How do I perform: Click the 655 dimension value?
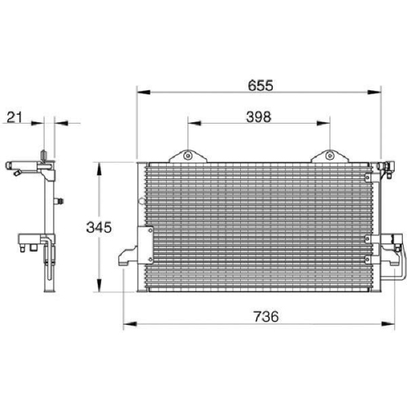coord(260,85)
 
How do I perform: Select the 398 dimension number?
coord(259,117)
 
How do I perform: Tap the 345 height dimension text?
coord(98,227)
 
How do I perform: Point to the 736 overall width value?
coord(266,317)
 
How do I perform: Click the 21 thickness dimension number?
coord(15,117)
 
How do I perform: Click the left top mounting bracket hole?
coord(188,155)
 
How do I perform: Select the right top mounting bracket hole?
coord(330,155)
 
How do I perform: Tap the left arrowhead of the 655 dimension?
coord(143,92)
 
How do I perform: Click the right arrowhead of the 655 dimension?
coord(374,92)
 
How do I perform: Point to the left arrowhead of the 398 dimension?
coord(195,124)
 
